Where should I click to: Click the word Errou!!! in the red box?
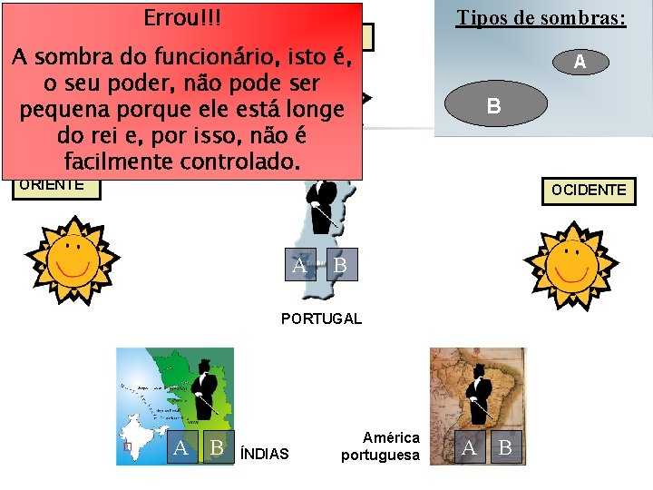181,18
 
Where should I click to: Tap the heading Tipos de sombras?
541,18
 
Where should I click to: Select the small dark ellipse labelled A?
579,62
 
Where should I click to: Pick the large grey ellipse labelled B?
493,105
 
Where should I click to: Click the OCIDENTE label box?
589,191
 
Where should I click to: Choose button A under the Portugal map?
300,265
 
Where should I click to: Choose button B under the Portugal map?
340,265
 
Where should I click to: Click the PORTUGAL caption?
321,318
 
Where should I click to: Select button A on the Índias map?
181,447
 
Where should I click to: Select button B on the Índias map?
216,447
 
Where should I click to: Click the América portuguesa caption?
380,446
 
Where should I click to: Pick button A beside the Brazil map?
469,447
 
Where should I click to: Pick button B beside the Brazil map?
505,447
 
